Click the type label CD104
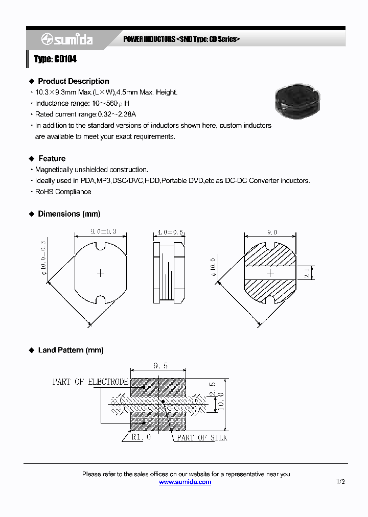(55, 59)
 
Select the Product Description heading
(73, 81)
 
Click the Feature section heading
(52, 158)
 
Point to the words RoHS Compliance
(63, 192)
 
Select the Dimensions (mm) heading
(69, 214)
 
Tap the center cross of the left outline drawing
(101, 273)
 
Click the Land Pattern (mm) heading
(71, 350)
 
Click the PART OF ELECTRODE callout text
(90, 382)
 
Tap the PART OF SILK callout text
(202, 438)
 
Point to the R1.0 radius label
(141, 438)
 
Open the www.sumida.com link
(185, 482)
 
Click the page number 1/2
(340, 482)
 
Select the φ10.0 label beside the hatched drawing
(213, 267)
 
